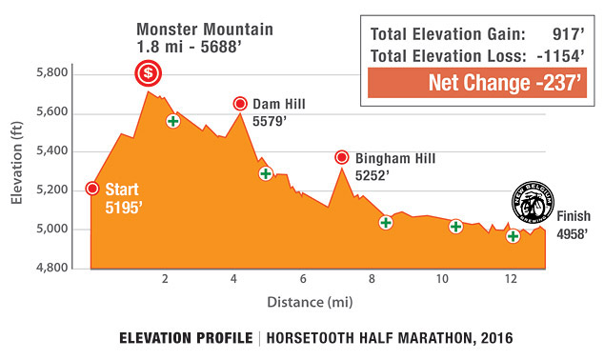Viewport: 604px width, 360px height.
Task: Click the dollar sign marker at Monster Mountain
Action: point(148,72)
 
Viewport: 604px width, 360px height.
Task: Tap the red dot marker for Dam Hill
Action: point(240,103)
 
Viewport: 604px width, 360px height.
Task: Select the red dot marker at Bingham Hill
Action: point(341,157)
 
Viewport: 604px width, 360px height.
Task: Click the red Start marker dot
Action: point(91,188)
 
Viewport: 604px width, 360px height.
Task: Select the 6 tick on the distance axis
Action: point(303,279)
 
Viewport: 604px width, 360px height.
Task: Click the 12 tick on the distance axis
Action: point(511,279)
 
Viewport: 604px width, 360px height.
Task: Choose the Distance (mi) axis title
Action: point(312,303)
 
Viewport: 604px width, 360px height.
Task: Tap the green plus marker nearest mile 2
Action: point(172,121)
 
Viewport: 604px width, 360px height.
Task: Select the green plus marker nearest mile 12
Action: point(513,235)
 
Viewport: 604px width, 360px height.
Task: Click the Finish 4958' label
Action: point(573,223)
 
